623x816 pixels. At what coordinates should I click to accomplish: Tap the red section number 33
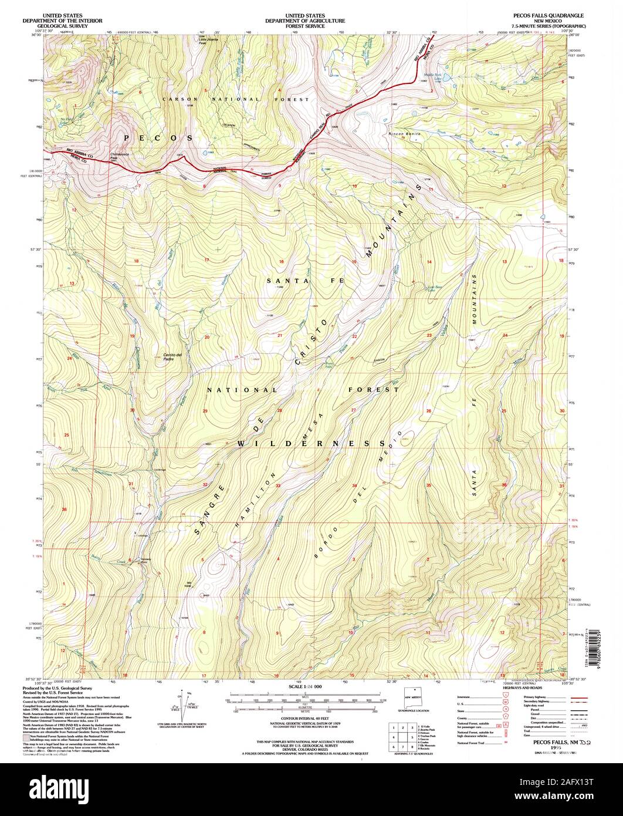coord(279,486)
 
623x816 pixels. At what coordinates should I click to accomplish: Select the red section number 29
coord(205,411)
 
